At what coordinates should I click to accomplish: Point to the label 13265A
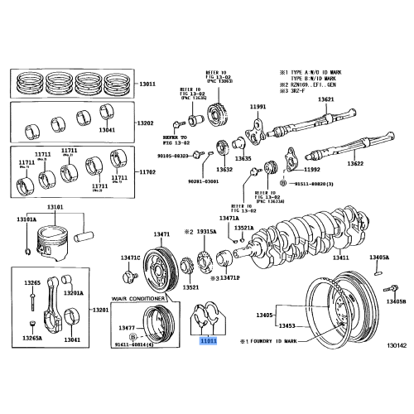point(32,338)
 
